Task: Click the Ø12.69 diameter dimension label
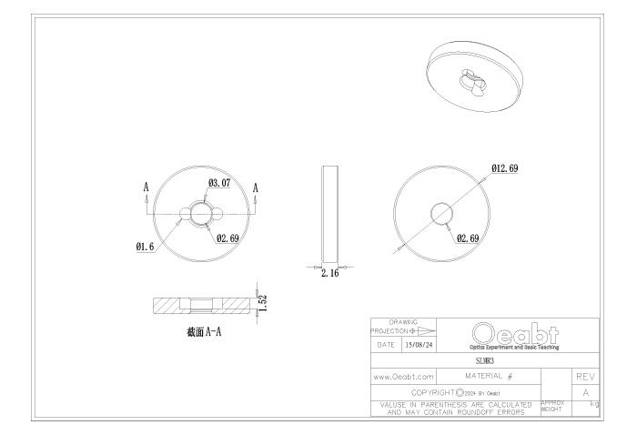[x=505, y=168]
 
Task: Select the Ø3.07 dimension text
[x=220, y=183]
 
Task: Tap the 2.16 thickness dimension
[x=330, y=273]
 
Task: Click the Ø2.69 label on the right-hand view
[x=468, y=238]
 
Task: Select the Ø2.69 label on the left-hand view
[x=228, y=238]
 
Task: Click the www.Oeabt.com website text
[x=402, y=375]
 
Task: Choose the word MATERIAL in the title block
[x=487, y=375]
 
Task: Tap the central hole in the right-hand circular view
[x=440, y=213]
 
